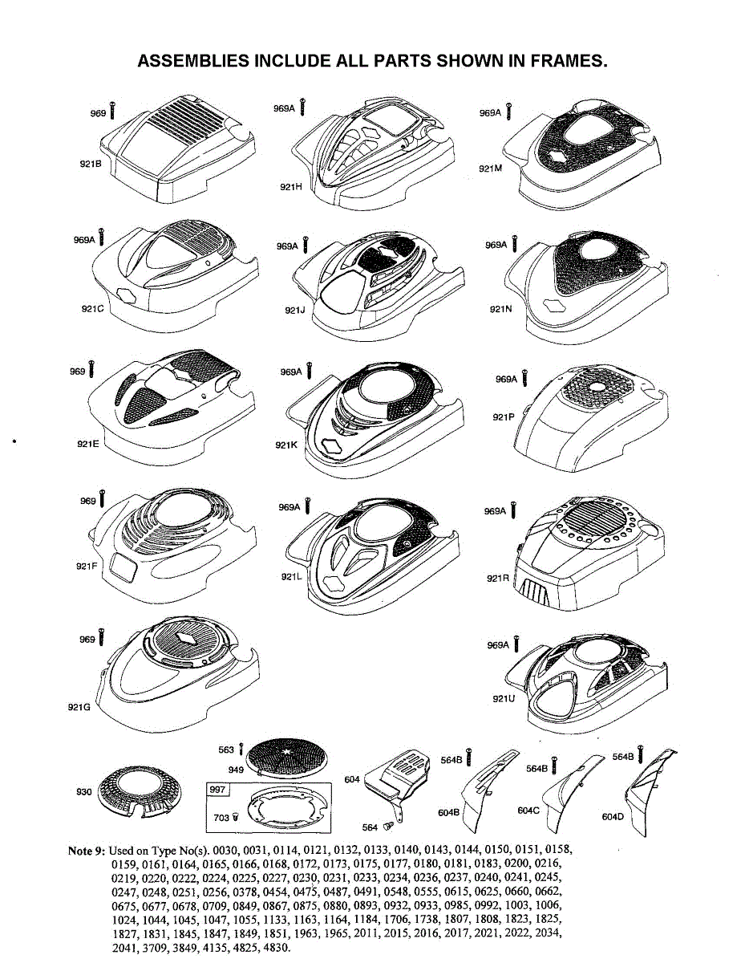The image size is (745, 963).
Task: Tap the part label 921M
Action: point(490,169)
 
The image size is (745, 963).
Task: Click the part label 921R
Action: point(498,578)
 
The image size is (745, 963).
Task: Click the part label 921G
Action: point(79,706)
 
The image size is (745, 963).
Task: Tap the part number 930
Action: point(84,792)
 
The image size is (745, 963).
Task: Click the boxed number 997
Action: point(217,790)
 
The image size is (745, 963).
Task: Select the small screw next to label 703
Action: point(236,818)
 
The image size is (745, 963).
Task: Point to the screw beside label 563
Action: point(241,750)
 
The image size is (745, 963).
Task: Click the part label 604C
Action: point(528,811)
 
